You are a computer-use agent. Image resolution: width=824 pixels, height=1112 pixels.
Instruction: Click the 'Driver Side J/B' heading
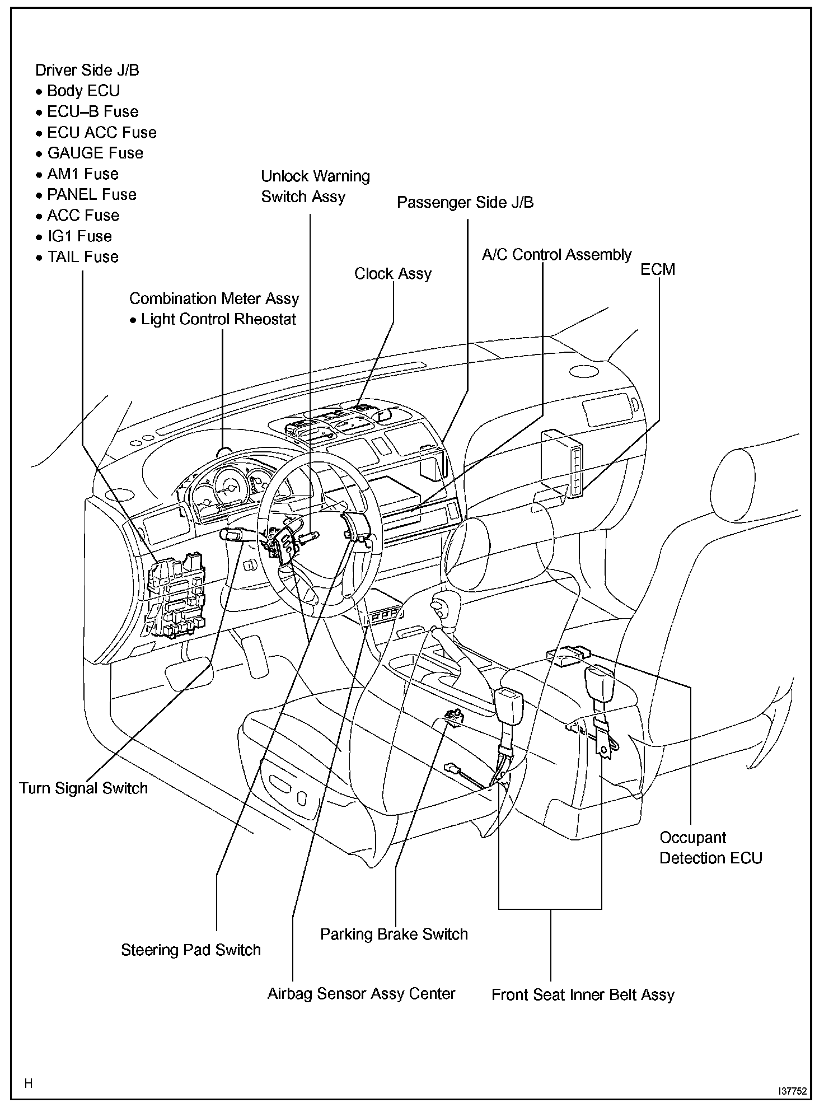(x=87, y=70)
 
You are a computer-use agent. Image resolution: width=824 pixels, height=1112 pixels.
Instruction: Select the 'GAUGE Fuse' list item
(x=95, y=153)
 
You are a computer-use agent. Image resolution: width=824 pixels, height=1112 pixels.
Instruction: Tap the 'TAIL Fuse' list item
(x=82, y=257)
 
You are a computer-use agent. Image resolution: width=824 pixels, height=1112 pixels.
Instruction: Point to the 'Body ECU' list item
(x=83, y=91)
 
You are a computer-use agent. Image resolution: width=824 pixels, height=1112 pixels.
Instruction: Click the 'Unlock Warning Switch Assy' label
(x=315, y=186)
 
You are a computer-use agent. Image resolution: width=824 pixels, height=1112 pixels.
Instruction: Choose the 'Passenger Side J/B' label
(x=465, y=202)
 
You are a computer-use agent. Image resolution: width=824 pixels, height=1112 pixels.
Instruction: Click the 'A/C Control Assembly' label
(x=556, y=255)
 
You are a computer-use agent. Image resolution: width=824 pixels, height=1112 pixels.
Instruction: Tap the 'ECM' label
(x=658, y=269)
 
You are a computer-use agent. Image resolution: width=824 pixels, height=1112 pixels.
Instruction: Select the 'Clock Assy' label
(x=393, y=274)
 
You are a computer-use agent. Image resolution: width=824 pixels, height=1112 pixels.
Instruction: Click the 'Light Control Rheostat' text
(x=218, y=319)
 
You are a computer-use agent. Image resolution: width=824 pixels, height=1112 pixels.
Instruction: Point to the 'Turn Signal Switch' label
(x=83, y=788)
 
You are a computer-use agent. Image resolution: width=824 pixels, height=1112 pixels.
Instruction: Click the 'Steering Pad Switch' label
(x=191, y=950)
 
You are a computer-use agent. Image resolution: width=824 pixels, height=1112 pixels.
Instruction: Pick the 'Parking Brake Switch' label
(x=394, y=935)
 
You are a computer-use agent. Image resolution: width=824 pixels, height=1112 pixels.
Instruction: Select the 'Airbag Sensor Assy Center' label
(x=361, y=994)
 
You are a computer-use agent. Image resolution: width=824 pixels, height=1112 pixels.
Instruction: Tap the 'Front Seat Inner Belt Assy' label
(x=583, y=995)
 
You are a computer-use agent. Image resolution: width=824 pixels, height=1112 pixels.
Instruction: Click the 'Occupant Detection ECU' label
(x=710, y=848)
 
